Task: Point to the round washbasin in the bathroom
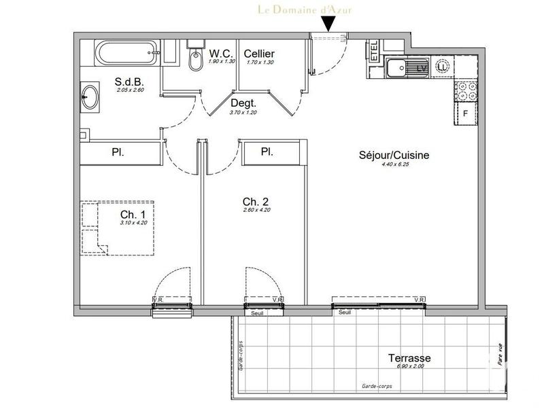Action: click(90, 99)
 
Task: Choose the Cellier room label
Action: click(259, 54)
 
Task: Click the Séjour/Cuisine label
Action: click(394, 155)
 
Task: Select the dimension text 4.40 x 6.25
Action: click(394, 165)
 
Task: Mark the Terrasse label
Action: click(410, 358)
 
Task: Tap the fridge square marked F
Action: click(466, 113)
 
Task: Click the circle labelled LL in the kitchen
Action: click(443, 67)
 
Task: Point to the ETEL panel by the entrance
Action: click(373, 52)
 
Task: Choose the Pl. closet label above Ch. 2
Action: click(267, 152)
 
